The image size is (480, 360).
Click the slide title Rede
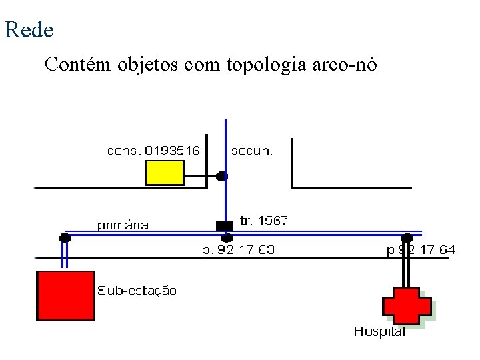pyautogui.click(x=29, y=29)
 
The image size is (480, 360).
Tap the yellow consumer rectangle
pyautogui.click(x=165, y=173)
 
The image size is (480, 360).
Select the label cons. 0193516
pyautogui.click(x=153, y=151)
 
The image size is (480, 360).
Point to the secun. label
pyautogui.click(x=252, y=151)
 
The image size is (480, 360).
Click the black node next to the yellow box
pyautogui.click(x=221, y=176)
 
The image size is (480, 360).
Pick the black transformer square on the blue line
pyautogui.click(x=225, y=225)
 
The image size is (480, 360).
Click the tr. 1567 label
pyautogui.click(x=263, y=221)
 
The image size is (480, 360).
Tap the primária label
pyautogui.click(x=123, y=225)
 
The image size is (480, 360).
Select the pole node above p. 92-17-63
pyautogui.click(x=227, y=237)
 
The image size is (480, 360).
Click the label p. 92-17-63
pyautogui.click(x=238, y=250)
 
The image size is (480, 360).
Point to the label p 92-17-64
pyautogui.click(x=421, y=250)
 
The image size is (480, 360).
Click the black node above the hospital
pyautogui.click(x=407, y=237)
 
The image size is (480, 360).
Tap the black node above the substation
pyautogui.click(x=65, y=237)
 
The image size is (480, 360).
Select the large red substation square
pyautogui.click(x=65, y=295)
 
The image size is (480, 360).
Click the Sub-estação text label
pyautogui.click(x=137, y=291)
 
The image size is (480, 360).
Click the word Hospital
pyautogui.click(x=379, y=331)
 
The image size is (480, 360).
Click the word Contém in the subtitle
pyautogui.click(x=78, y=65)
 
